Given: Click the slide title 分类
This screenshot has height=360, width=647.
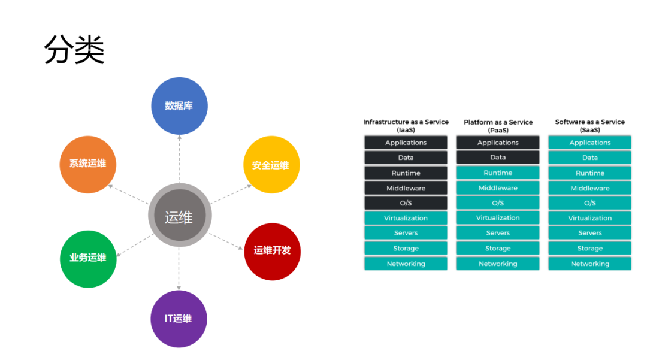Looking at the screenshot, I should coord(74,50).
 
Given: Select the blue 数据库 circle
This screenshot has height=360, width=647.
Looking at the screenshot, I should coord(179,105).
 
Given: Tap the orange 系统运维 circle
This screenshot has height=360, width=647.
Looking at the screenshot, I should coord(87,164).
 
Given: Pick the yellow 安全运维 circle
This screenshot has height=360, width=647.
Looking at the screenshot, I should coord(271,165).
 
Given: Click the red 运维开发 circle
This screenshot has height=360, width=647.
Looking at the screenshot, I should coord(272,251).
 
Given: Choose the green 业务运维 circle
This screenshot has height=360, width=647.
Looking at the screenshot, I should coord(88,258).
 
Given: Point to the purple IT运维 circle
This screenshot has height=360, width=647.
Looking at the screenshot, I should coord(179,319).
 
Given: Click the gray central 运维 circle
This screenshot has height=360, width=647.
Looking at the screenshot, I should coord(179,216).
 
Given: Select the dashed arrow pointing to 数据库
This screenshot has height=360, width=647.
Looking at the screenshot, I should coord(179,159).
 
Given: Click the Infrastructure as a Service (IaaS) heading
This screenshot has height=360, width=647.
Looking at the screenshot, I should coord(406,126).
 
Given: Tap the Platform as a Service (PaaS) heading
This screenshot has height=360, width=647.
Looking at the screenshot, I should coord(498,126).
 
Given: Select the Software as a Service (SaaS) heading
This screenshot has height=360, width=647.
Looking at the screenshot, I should coord(589,126).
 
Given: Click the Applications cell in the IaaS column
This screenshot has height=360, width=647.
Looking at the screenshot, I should coord(406,143).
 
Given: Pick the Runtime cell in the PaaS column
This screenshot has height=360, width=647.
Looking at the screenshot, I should coord(498,173).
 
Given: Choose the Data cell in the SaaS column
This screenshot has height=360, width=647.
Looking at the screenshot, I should coord(589,158).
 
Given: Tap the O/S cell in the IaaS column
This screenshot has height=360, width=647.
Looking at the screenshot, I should coord(406,203).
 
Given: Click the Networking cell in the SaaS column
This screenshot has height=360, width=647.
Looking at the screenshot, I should coord(589,264).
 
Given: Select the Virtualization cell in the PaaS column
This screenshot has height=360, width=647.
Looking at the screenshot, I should coord(498,218).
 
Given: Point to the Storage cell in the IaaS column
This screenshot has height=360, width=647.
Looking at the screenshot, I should coord(406,249).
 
